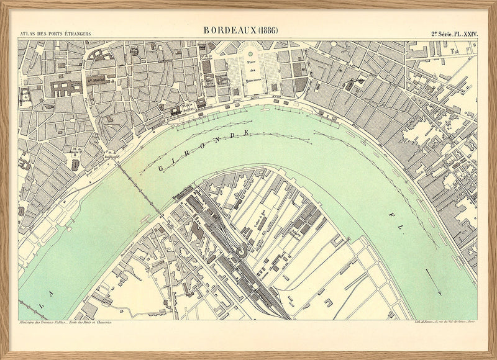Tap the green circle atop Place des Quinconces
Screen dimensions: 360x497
pyautogui.click(x=252, y=54)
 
